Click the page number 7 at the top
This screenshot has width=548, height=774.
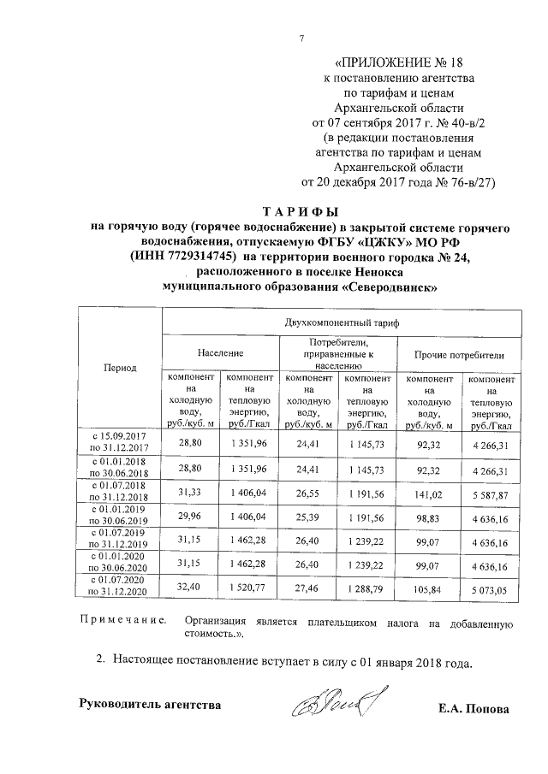[301, 37]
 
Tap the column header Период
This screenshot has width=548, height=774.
[120, 367]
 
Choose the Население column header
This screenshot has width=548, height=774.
[220, 352]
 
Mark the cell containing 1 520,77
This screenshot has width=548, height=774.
[248, 589]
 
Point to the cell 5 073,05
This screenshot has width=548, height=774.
[489, 589]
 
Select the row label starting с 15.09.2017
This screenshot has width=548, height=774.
[120, 441]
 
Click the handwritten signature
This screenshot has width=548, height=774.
[339, 705]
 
